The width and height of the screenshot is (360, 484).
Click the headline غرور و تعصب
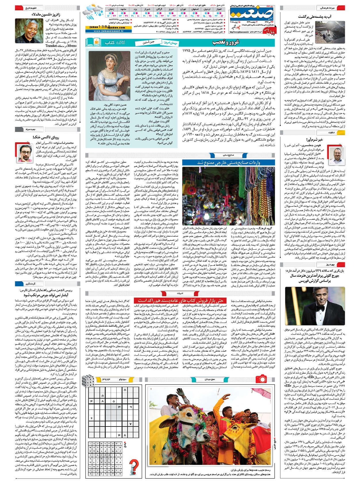point(225,42)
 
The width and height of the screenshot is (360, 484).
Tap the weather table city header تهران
point(182,9)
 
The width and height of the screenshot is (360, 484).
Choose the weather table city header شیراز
point(147,9)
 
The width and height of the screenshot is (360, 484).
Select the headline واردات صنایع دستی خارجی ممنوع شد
point(228,162)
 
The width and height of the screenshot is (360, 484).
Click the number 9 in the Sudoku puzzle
point(131,407)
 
